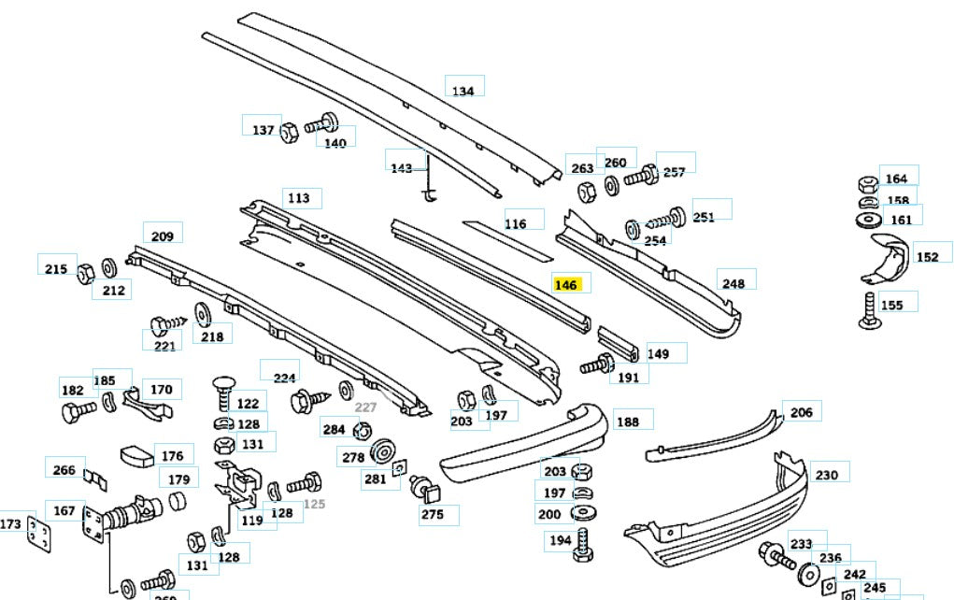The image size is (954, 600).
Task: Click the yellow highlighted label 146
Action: click(566, 285)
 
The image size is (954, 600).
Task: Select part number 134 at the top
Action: click(463, 91)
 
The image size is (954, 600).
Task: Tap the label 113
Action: click(298, 198)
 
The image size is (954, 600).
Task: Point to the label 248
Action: click(733, 283)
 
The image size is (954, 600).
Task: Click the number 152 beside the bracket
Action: click(927, 257)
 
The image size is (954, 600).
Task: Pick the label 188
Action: click(628, 421)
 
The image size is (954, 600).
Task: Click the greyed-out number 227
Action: click(364, 407)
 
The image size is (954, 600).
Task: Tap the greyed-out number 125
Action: click(314, 505)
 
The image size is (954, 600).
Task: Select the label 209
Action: click(163, 236)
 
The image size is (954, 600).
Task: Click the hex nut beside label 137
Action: click(289, 129)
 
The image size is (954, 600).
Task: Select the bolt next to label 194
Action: click(583, 544)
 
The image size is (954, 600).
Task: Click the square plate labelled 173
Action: click(36, 534)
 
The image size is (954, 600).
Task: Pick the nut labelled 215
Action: click(83, 272)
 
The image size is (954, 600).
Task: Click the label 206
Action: click(801, 412)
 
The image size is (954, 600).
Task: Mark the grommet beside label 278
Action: click(381, 454)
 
